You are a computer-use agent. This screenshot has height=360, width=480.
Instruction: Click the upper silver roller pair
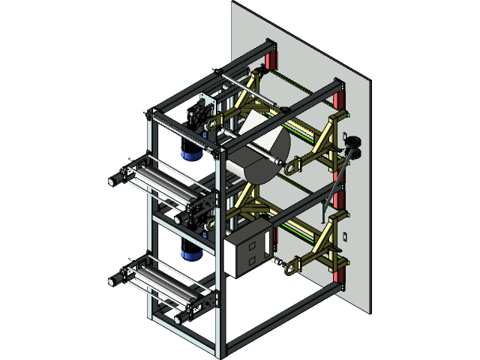[x=161, y=184]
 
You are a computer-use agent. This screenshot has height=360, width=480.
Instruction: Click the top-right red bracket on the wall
[x=339, y=97]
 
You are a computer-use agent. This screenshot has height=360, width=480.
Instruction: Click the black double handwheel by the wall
[x=353, y=145]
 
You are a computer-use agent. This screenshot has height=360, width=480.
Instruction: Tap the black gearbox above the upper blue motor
[x=196, y=116]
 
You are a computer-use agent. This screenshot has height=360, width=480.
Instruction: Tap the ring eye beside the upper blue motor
[x=212, y=123]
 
